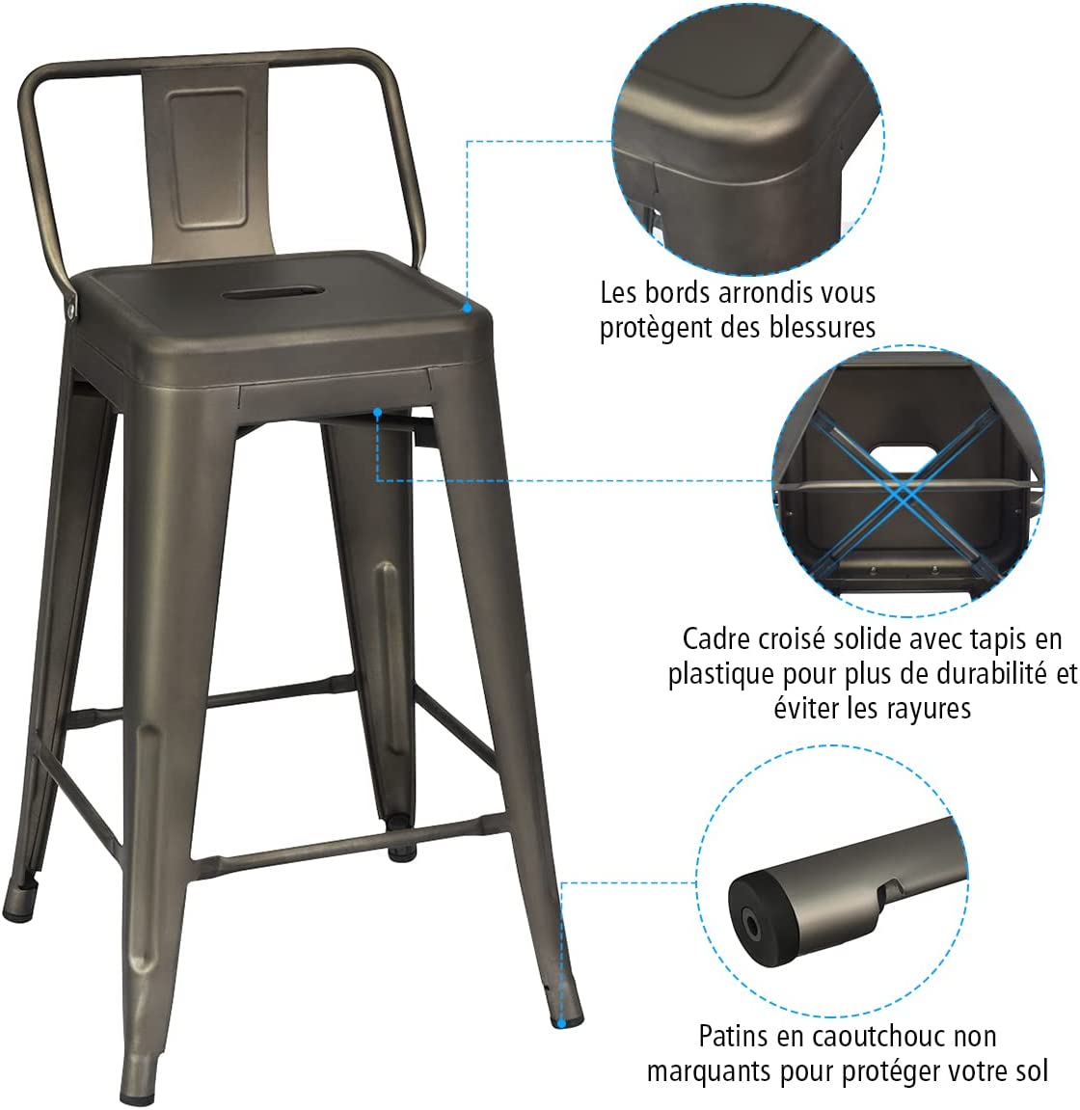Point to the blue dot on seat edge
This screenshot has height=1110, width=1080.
coord(467,308)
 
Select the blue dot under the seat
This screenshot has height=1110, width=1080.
coord(378,412)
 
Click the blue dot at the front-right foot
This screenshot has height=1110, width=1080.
coord(561,1023)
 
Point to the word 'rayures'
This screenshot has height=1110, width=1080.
coord(928,708)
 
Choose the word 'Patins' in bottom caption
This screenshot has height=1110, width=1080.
coord(733,1036)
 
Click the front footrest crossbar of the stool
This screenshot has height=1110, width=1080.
coord(350,843)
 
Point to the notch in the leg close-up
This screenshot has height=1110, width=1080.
coord(890,890)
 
